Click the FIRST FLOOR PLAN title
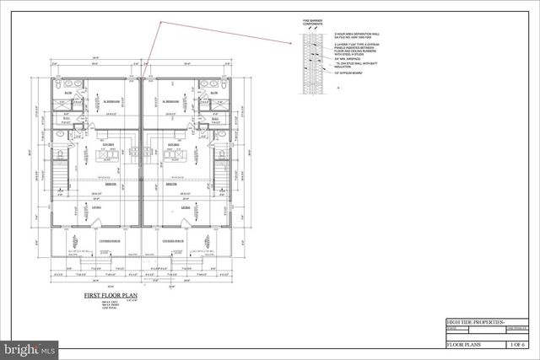coord(110,296)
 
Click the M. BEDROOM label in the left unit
coord(110,100)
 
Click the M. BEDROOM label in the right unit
coord(172,100)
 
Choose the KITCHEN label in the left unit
coord(109,144)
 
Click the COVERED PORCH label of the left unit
coord(110,240)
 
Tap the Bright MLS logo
coord(30,347)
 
